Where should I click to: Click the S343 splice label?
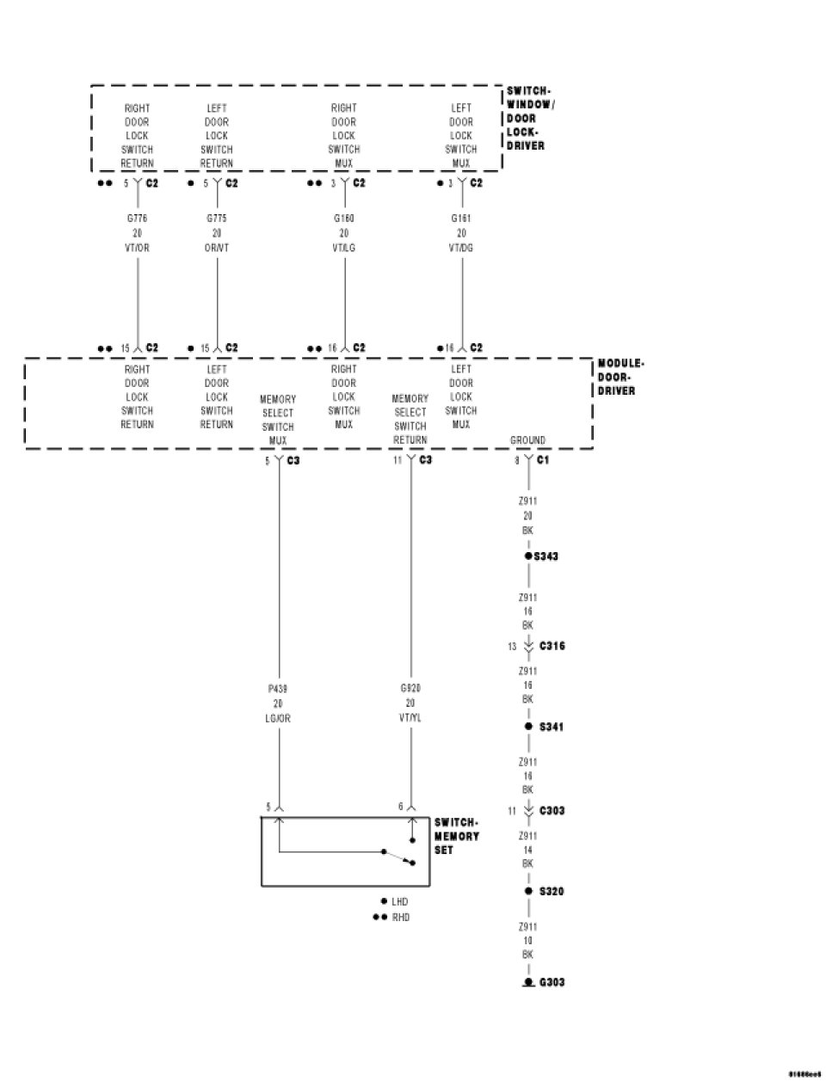pos(546,556)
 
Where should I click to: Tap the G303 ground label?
pos(552,982)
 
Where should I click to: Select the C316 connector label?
pos(552,646)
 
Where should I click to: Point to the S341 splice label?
pos(552,727)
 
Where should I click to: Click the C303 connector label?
pos(552,811)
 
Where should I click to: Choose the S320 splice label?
pos(552,892)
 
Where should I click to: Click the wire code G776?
pos(137,219)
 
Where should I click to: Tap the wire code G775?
pos(217,219)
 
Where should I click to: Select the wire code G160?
pos(344,219)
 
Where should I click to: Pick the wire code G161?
pos(461,219)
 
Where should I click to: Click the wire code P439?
pos(278,689)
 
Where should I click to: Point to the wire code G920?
pos(410,689)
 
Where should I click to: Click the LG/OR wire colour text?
pos(278,718)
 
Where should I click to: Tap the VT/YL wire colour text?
pos(410,718)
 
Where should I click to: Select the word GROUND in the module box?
pos(527,440)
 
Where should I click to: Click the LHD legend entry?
pos(399,902)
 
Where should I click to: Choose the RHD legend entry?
pos(401,918)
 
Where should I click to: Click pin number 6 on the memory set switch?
pos(400,808)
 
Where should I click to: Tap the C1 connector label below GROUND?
pos(543,461)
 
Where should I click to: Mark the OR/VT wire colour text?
pos(217,248)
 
